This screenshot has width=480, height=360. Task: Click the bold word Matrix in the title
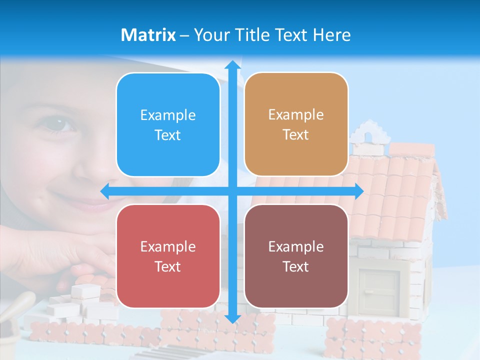(148, 35)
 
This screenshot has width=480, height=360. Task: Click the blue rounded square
(168, 125)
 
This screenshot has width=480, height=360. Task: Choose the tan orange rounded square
(296, 124)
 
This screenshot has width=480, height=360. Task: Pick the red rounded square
(168, 256)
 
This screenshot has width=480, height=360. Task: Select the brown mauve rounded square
(296, 256)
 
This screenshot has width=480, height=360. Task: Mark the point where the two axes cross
(232, 191)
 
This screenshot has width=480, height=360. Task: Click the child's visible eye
(62, 122)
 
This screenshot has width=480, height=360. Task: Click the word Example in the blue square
(168, 115)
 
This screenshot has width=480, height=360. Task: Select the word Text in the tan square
(296, 135)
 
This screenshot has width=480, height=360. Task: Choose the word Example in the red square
(168, 246)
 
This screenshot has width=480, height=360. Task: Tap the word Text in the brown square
(296, 266)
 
